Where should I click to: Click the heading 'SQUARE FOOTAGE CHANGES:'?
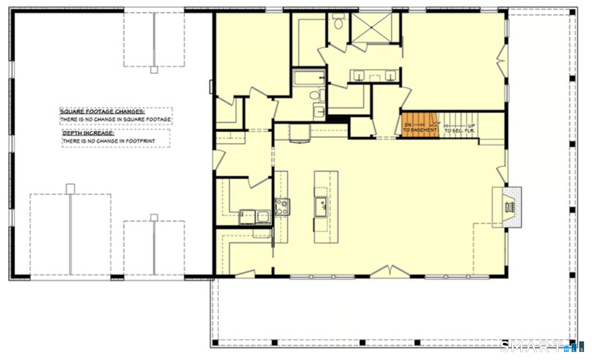102,111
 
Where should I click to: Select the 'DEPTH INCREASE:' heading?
88,133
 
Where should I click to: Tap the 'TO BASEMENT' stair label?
420,130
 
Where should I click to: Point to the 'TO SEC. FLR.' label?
460,131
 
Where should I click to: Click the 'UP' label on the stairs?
472,126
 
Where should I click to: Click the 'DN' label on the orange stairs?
408,125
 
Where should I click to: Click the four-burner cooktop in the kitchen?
282,207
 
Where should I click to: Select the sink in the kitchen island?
321,207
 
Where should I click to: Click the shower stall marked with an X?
371,28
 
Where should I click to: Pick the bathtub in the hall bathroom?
309,78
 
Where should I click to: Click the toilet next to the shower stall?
338,21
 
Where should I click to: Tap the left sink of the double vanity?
359,76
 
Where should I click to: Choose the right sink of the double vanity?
390,76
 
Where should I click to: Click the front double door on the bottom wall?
390,271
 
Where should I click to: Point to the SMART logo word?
531,347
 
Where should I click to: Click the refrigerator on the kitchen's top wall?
300,133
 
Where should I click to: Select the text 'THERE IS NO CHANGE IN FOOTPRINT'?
109,141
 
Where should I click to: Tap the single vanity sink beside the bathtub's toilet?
319,111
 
